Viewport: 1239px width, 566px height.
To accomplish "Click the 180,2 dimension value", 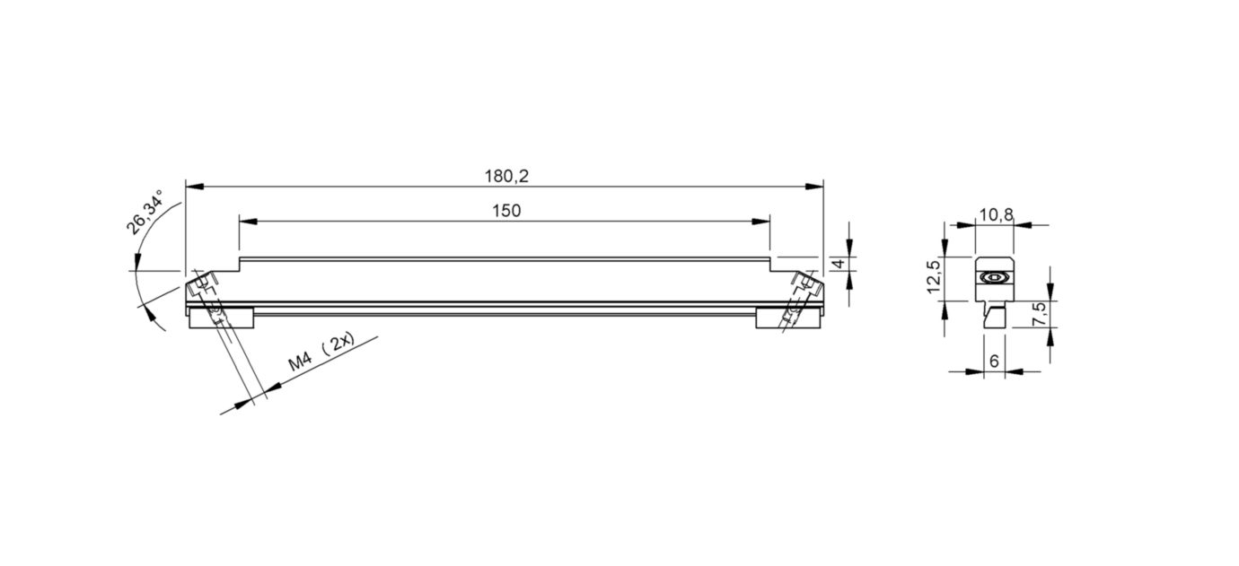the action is [506, 177].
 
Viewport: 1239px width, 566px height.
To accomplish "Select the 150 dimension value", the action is [506, 211].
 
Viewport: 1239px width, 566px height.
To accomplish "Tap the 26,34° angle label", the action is [145, 212].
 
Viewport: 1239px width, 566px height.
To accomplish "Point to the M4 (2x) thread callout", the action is [322, 353].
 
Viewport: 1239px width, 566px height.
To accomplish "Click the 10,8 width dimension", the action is [997, 214].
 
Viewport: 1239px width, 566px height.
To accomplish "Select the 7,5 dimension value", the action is [1040, 313].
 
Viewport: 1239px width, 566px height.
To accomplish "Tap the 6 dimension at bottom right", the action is [994, 361].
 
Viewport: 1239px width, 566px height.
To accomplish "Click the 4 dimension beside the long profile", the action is [839, 264].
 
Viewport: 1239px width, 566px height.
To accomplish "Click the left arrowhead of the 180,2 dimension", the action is [195, 187].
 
